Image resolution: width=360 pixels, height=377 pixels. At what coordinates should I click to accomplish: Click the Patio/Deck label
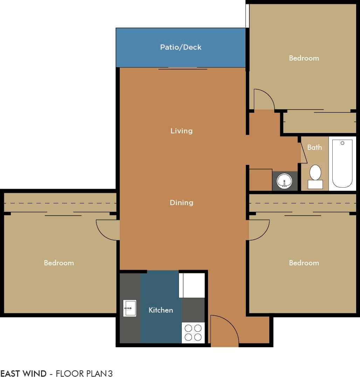click(x=181, y=47)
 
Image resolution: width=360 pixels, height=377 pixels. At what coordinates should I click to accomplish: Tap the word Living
click(x=181, y=131)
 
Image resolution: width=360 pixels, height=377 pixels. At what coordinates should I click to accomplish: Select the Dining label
click(x=181, y=203)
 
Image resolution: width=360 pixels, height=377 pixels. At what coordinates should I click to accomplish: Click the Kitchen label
click(x=161, y=310)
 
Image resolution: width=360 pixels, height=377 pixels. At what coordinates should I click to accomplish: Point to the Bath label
click(x=314, y=147)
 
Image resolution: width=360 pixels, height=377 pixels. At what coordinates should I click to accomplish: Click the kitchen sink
click(x=130, y=308)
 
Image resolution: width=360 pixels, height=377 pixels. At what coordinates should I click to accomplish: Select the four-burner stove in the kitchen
click(x=193, y=333)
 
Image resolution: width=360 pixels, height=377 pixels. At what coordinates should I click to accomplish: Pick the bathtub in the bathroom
click(x=342, y=163)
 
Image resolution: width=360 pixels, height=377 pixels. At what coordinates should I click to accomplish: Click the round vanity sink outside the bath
click(x=285, y=181)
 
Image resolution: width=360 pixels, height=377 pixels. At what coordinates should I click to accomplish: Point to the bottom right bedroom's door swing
click(x=258, y=230)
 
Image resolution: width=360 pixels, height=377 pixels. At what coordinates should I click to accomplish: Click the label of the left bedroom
click(x=59, y=263)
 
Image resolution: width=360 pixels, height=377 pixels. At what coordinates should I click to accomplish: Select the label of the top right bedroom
click(x=304, y=58)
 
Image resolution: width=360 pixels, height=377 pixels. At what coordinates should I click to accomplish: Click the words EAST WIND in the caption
click(x=23, y=373)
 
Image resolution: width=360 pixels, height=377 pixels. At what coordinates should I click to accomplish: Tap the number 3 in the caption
click(x=110, y=373)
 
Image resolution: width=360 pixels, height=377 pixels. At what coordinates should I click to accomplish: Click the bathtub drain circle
click(x=342, y=143)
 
